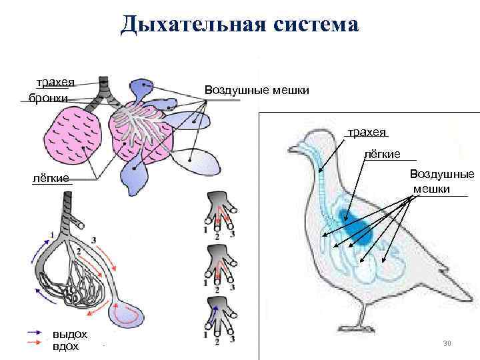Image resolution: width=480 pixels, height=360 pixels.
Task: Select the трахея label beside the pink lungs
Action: click(x=55, y=83)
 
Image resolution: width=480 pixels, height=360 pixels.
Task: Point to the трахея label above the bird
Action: click(x=367, y=131)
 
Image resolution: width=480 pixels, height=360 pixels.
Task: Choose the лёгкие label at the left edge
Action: click(x=52, y=178)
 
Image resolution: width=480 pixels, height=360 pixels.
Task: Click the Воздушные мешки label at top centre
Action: click(x=257, y=89)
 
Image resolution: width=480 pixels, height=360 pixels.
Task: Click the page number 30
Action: click(x=447, y=343)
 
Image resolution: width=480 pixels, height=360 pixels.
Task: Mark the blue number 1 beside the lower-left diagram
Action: click(x=51, y=235)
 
